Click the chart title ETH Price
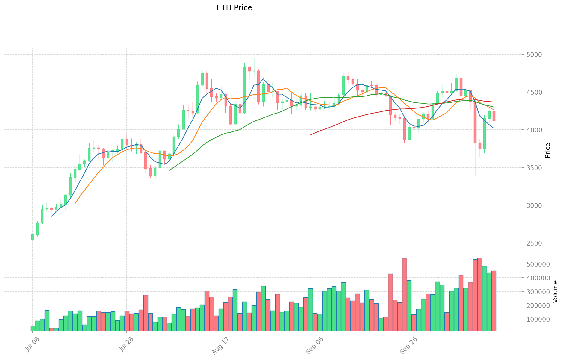point(234,8)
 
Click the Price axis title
point(547,150)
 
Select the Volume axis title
point(555,291)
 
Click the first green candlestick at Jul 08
point(33,237)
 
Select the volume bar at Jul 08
point(33,329)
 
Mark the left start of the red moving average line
point(310,135)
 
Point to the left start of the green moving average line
point(169,170)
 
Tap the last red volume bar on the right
point(494,301)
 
